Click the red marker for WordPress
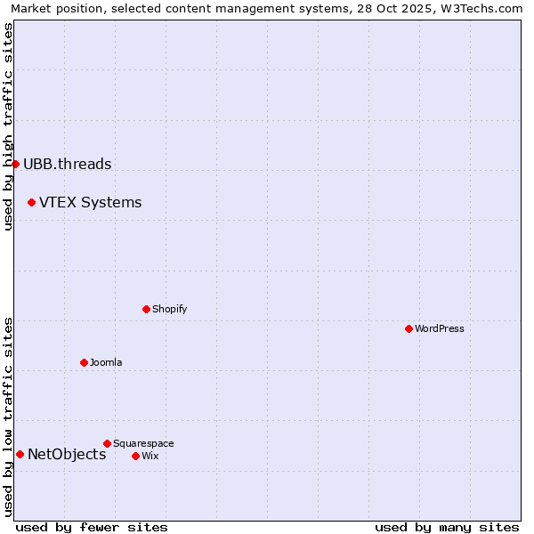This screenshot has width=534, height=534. (409, 328)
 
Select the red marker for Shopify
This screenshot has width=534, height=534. (146, 309)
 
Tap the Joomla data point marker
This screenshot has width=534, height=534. (84, 362)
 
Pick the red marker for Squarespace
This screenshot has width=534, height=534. (107, 443)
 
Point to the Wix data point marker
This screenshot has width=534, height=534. (135, 456)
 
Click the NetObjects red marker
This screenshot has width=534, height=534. (20, 454)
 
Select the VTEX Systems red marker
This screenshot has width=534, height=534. (31, 202)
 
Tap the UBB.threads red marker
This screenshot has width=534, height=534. (15, 164)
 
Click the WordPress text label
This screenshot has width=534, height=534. (440, 328)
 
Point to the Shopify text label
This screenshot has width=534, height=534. (169, 309)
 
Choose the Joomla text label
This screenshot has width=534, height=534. (106, 362)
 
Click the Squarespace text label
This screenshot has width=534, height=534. (143, 443)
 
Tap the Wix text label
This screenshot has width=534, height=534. (150, 456)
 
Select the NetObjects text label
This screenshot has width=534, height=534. (67, 454)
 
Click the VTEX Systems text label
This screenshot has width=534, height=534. (90, 202)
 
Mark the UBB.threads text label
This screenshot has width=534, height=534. (67, 164)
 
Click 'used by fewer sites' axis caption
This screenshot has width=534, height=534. (92, 527)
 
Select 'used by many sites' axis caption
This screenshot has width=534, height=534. (447, 527)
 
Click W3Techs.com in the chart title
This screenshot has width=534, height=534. (481, 8)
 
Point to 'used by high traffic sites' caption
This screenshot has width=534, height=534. (8, 126)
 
